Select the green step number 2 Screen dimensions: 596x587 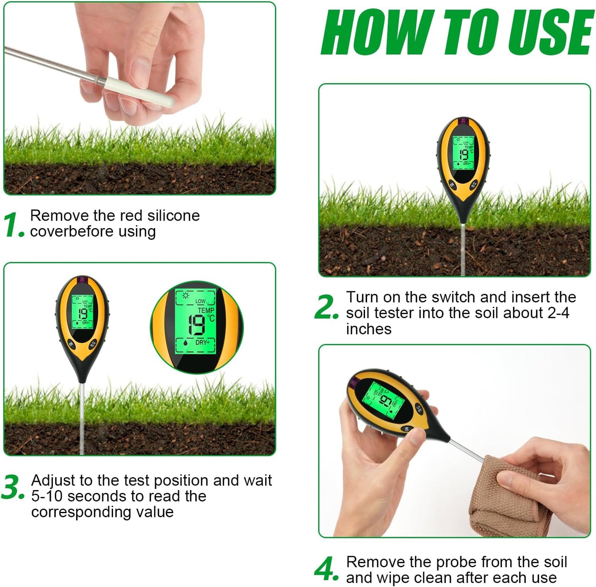327,306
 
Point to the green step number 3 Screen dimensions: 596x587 13,487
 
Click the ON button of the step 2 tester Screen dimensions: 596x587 452,185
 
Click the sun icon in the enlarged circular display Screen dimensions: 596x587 186,295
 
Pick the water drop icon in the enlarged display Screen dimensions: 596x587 185,342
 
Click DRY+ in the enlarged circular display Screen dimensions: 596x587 203,342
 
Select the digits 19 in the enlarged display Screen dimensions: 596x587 197,325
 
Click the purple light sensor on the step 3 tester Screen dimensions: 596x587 83,280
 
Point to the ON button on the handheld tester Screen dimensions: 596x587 406,429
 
